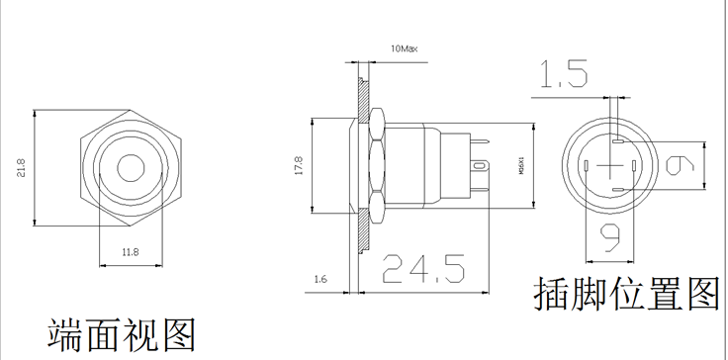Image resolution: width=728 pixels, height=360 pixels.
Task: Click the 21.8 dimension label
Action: click(x=22, y=168)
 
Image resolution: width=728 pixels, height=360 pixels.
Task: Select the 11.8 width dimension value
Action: click(x=131, y=252)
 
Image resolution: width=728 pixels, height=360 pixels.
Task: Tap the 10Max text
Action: click(x=404, y=48)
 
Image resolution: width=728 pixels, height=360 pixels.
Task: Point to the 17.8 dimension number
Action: click(x=298, y=165)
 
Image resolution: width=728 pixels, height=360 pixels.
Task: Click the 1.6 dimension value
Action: click(x=320, y=279)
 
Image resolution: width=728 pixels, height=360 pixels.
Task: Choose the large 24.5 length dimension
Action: click(x=423, y=269)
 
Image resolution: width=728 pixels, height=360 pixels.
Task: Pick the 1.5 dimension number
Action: click(x=563, y=74)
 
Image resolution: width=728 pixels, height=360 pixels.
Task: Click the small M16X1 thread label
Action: click(x=521, y=166)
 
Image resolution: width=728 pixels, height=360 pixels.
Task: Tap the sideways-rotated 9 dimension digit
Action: click(x=681, y=166)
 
